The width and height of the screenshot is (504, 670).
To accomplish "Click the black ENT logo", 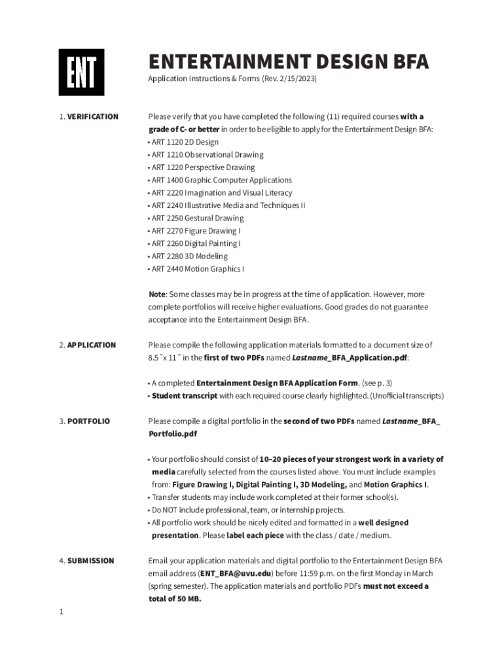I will [82, 73].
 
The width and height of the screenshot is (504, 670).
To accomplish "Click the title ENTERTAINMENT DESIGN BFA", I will [289, 62].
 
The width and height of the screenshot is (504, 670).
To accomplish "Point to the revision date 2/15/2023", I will [296, 79].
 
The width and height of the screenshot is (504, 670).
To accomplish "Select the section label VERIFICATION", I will [92, 116].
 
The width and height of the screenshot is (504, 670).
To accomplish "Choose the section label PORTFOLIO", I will [88, 421].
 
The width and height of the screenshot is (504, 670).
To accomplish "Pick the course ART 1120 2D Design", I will [185, 142].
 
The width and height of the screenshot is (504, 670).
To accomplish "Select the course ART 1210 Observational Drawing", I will [207, 155].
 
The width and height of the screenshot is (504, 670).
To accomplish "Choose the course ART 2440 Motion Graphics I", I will [198, 269].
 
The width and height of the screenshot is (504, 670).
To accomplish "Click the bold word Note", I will [156, 294].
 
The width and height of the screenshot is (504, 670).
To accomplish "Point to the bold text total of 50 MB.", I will [175, 599].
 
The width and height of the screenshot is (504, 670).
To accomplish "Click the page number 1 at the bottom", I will [61, 612].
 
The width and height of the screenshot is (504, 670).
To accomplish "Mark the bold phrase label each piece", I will [255, 535].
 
